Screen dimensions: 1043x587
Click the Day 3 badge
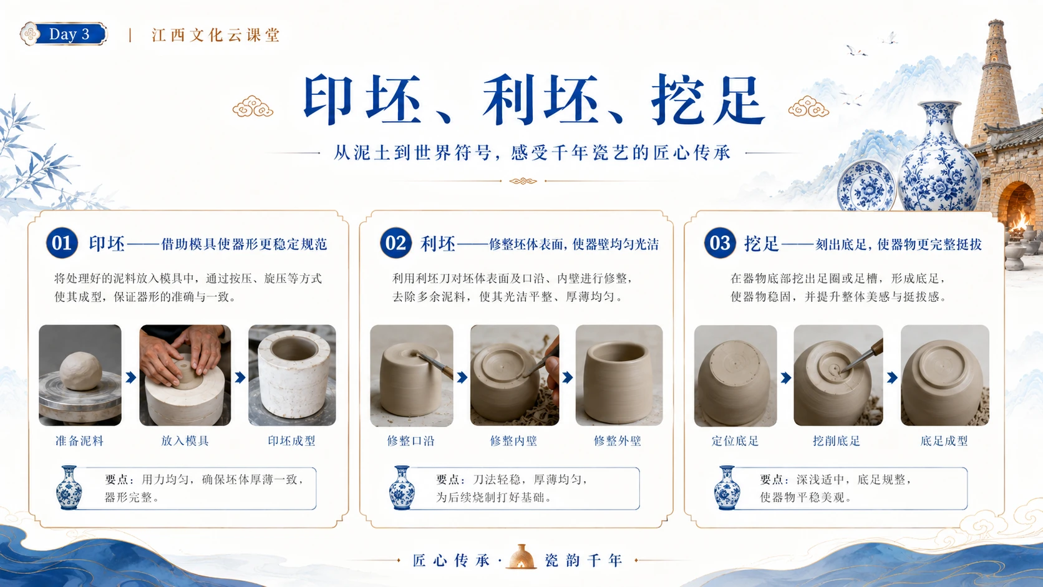(64, 34)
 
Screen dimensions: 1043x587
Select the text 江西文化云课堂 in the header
(216, 36)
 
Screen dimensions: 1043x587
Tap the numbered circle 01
(62, 243)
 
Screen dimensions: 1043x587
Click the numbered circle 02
(395, 243)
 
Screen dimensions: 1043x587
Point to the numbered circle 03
(720, 243)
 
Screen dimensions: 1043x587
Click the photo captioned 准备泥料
(80, 375)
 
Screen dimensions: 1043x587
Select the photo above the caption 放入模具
(185, 375)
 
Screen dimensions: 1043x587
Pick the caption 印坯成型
(291, 441)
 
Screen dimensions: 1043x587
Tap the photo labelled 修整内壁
(515, 375)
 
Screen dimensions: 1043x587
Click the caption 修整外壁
(618, 441)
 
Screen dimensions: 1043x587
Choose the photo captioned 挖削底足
(838, 375)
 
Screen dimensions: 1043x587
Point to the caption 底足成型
(944, 441)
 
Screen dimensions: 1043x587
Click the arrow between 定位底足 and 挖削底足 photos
(785, 377)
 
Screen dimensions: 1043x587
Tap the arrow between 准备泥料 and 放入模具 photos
(131, 377)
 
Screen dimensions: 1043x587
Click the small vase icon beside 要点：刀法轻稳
(402, 487)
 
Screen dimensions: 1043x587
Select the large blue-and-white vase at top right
(939, 156)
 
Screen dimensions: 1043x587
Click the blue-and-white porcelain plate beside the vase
(866, 186)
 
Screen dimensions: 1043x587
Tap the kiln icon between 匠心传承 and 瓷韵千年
(521, 556)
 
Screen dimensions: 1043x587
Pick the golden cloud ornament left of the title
(253, 107)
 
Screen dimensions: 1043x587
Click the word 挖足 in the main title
(708, 100)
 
